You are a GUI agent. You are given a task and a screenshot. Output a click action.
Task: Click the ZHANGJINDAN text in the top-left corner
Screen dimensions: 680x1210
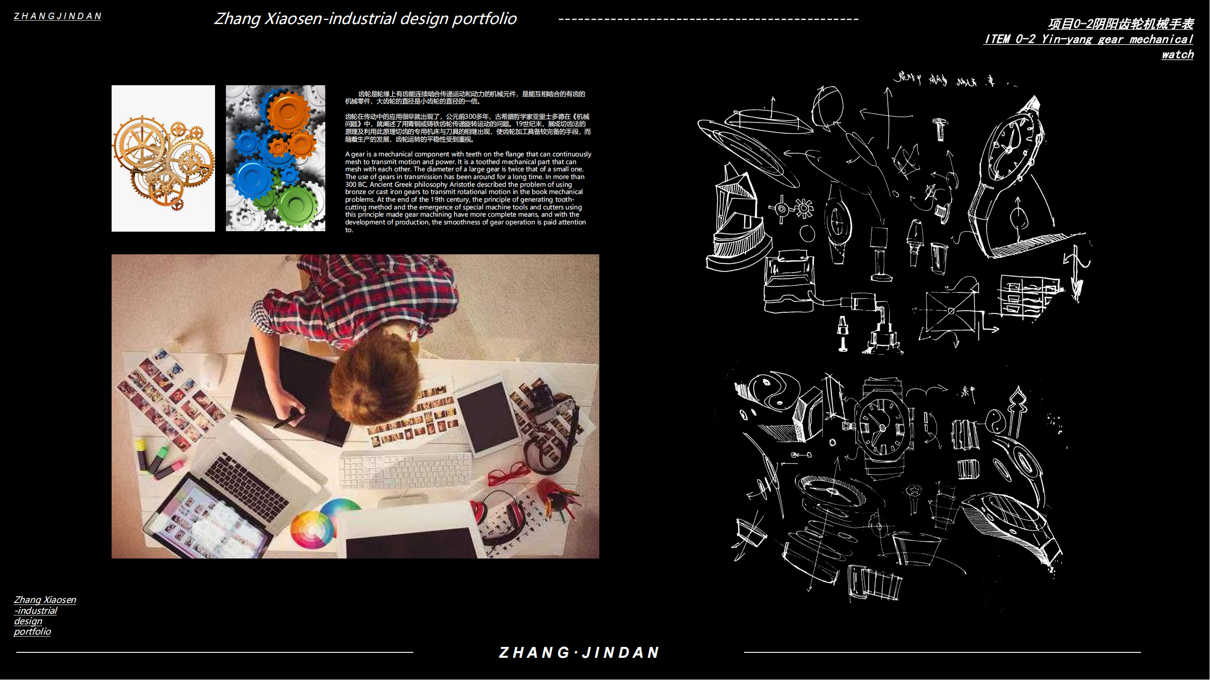[57, 16]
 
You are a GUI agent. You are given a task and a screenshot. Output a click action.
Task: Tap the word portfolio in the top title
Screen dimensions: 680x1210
[484, 19]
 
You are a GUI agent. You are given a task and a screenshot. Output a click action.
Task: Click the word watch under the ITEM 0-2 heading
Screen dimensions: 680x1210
[1178, 54]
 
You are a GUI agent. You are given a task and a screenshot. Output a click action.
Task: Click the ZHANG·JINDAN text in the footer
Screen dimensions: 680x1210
[579, 653]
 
